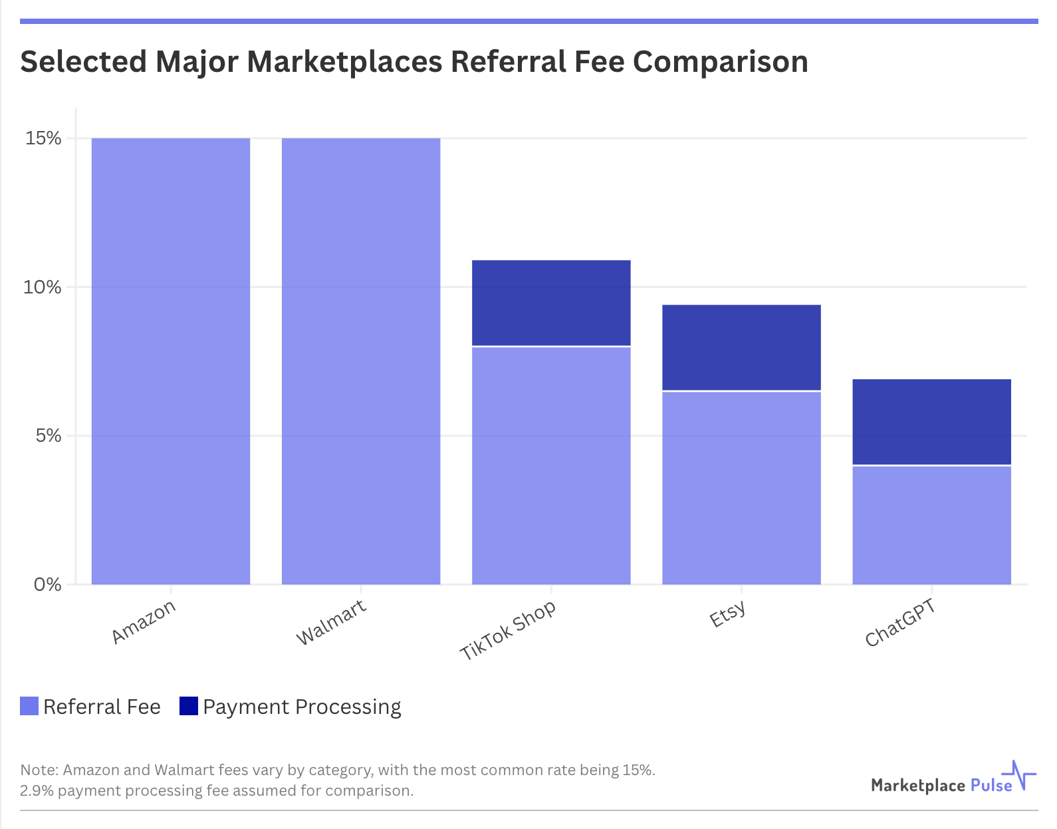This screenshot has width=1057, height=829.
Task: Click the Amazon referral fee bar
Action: pos(171,361)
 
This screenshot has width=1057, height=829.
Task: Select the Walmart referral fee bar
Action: pos(361,361)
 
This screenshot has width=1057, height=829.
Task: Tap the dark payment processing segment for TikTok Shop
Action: pos(551,303)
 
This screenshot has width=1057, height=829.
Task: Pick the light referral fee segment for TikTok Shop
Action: pos(551,466)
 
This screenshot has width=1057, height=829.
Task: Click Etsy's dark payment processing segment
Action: pos(741,347)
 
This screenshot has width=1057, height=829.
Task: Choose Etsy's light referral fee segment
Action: pos(741,488)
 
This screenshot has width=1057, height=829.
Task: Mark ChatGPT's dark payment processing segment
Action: pos(931,422)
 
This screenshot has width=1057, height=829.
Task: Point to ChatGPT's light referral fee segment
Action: pos(931,525)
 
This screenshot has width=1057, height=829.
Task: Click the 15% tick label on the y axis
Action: pos(43,138)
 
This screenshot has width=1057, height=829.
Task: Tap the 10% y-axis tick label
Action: pos(43,287)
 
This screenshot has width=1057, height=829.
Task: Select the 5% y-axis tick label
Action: pos(48,436)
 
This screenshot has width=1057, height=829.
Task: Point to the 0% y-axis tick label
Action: pos(48,585)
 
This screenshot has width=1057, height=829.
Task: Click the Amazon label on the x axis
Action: pos(144,621)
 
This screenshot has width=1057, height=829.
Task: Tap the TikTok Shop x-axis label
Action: pos(508,630)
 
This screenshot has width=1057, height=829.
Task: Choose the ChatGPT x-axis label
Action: pos(900,623)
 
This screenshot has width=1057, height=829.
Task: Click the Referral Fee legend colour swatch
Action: pos(29,706)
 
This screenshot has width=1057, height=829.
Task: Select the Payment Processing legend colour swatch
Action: pos(189,706)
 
